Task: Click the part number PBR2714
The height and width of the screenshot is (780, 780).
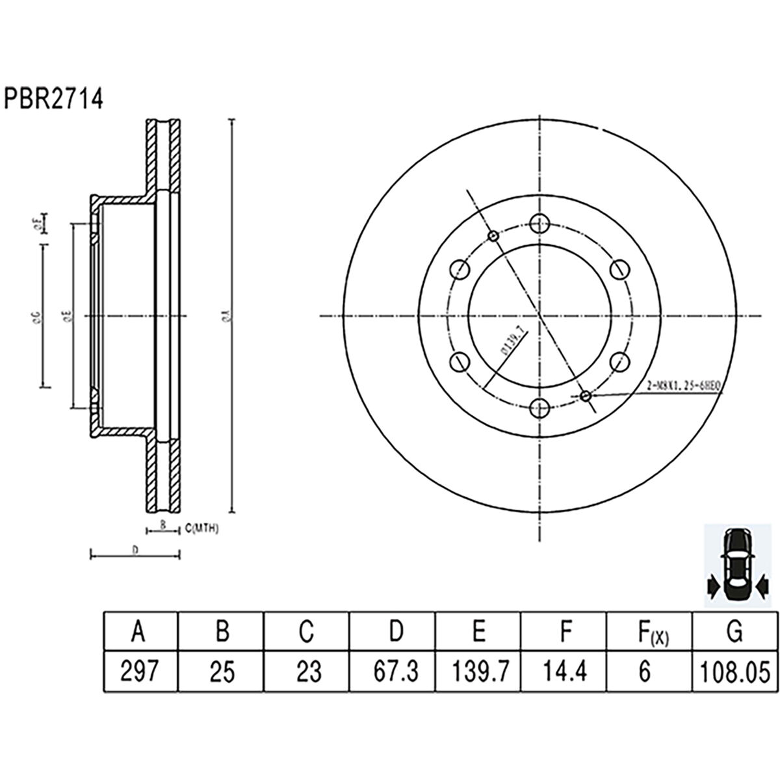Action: pos(55,99)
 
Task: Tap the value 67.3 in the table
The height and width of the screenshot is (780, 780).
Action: pos(393,671)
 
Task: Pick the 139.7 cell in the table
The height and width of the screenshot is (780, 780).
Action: pos(478,671)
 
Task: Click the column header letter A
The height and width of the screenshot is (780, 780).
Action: pos(138,631)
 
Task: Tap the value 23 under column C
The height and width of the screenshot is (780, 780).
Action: pos(307,671)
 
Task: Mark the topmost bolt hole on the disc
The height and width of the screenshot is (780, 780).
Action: pos(538,224)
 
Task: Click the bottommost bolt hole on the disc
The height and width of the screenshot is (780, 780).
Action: pos(538,408)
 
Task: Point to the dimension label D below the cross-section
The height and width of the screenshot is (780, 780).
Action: pos(135,550)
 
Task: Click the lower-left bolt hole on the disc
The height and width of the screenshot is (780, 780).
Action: pos(459,362)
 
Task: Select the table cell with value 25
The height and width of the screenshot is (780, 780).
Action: pos(222,671)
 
